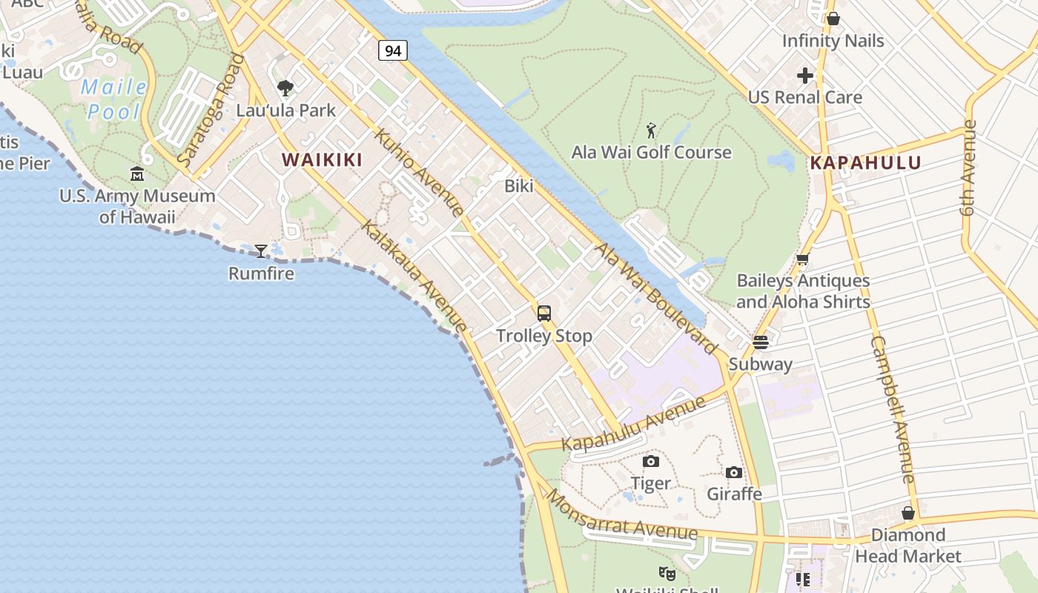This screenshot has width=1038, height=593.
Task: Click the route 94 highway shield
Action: [x=393, y=50]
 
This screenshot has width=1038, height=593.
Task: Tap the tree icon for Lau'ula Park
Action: [x=285, y=89]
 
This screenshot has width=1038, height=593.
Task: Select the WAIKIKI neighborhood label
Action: [x=322, y=160]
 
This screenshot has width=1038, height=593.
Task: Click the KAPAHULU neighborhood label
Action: [x=865, y=163]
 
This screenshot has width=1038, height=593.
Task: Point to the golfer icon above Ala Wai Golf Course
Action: [x=651, y=131]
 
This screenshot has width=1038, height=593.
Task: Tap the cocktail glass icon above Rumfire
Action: [x=261, y=251]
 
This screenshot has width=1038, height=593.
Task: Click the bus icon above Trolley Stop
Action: [x=544, y=314]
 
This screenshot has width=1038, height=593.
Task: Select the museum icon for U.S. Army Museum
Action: [x=137, y=174]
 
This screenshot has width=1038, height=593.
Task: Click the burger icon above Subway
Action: [x=761, y=342]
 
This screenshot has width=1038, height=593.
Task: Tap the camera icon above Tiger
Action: [x=651, y=462]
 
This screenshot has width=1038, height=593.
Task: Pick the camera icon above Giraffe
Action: [x=734, y=473]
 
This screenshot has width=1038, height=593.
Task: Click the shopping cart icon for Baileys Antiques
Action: [x=802, y=259]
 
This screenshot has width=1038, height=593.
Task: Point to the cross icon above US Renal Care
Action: [x=805, y=76]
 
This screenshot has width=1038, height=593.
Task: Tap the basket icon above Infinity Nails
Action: [x=833, y=19]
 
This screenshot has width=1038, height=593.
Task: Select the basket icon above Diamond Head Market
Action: [x=908, y=513]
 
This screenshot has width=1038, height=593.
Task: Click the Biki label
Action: [x=519, y=186]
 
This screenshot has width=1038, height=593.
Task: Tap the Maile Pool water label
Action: [x=113, y=99]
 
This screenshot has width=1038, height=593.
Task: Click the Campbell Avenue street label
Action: [x=894, y=409]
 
